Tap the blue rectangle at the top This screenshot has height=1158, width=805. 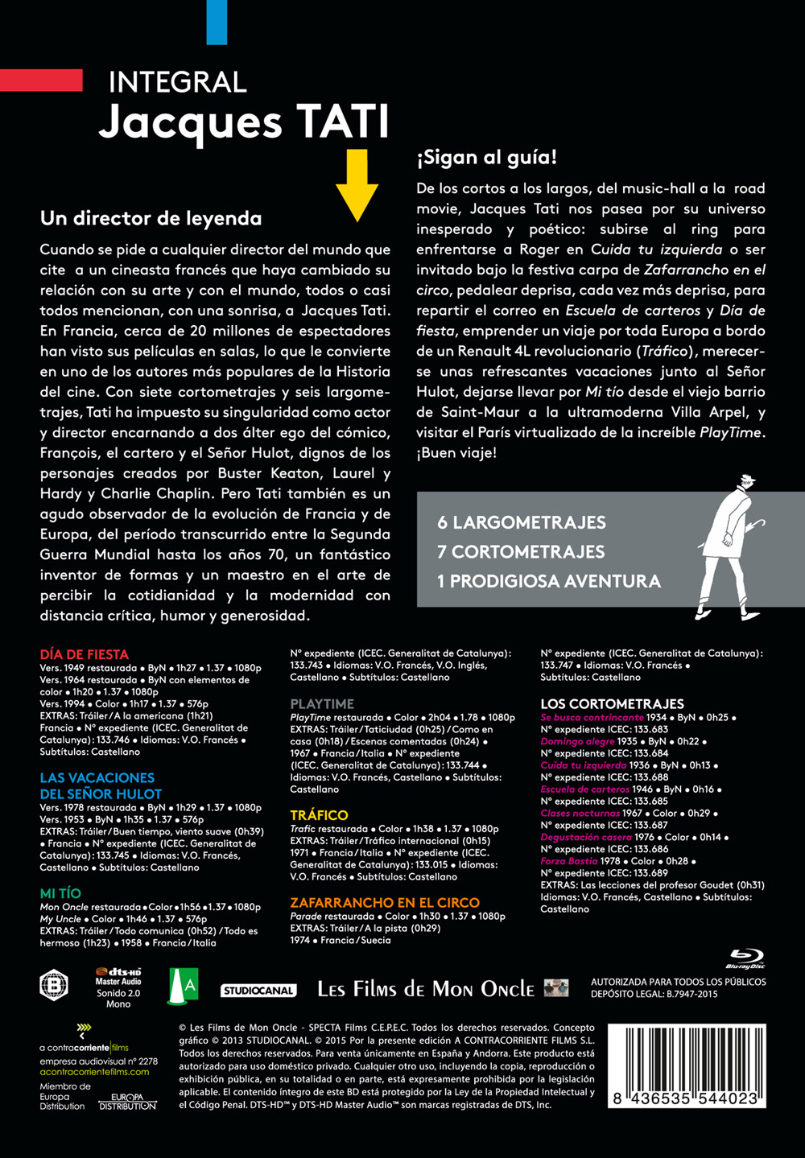tap(217, 22)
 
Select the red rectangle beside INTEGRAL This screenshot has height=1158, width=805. tap(41, 80)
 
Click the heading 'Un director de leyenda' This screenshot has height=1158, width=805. tap(151, 218)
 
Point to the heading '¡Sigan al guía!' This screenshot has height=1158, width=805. tap(486, 157)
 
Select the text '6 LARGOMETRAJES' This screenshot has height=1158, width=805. tap(521, 522)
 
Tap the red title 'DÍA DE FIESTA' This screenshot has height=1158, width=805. tap(84, 654)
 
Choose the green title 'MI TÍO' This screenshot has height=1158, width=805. tap(60, 893)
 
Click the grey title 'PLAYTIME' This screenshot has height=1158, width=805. tap(322, 704)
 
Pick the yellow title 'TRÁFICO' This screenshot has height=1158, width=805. tap(319, 815)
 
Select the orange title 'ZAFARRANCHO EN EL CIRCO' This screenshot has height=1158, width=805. tap(384, 903)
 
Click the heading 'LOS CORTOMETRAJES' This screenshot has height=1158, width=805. tap(612, 704)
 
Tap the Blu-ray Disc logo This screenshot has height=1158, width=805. tap(745, 959)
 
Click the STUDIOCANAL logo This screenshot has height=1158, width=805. tap(258, 991)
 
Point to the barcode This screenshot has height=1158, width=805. tap(686, 1066)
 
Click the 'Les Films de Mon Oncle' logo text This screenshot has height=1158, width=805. tap(425, 989)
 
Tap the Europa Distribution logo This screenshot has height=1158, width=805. tap(127, 1102)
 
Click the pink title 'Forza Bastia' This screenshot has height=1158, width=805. tap(569, 861)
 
